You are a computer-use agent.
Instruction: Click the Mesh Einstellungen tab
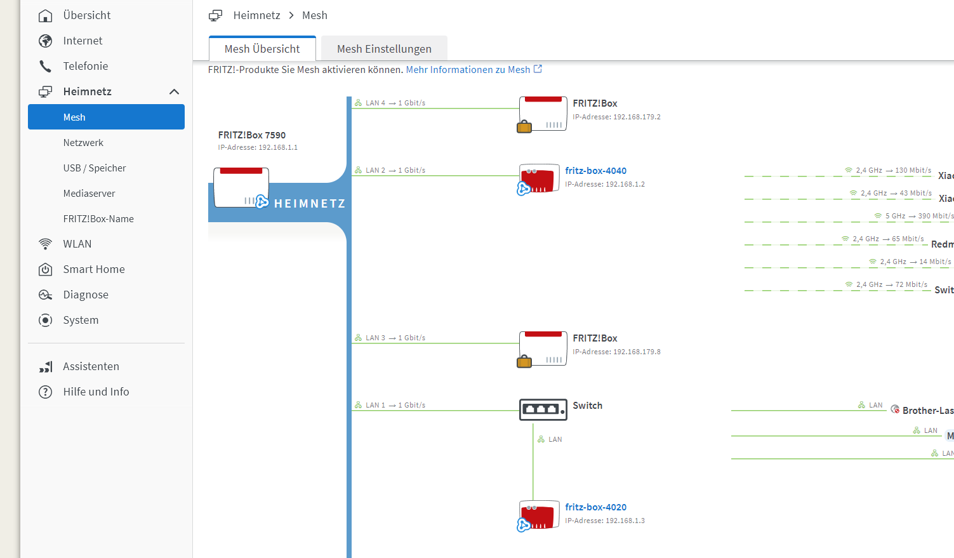click(384, 49)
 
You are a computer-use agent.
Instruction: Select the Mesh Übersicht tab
click(262, 49)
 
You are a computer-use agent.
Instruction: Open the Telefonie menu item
click(85, 66)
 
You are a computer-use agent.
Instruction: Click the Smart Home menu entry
click(94, 269)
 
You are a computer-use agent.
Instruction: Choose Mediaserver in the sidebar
click(89, 194)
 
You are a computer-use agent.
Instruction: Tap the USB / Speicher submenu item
click(95, 168)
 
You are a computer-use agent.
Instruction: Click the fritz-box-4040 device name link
click(595, 171)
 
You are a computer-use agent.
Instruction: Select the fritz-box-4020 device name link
click(595, 507)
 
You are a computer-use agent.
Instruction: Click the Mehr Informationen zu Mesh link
click(468, 70)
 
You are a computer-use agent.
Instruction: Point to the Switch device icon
click(543, 409)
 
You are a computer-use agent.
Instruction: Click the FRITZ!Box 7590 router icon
click(241, 187)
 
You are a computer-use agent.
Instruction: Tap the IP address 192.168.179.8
click(616, 352)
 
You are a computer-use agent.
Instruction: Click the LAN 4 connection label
click(375, 103)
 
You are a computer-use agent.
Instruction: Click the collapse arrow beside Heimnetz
click(174, 92)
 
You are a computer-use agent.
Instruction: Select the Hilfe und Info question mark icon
click(46, 392)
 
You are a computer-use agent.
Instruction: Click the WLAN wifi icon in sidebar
click(46, 244)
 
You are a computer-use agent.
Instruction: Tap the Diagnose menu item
click(86, 295)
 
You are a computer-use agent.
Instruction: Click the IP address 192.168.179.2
click(616, 117)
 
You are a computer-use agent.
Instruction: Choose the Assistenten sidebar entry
click(91, 366)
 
